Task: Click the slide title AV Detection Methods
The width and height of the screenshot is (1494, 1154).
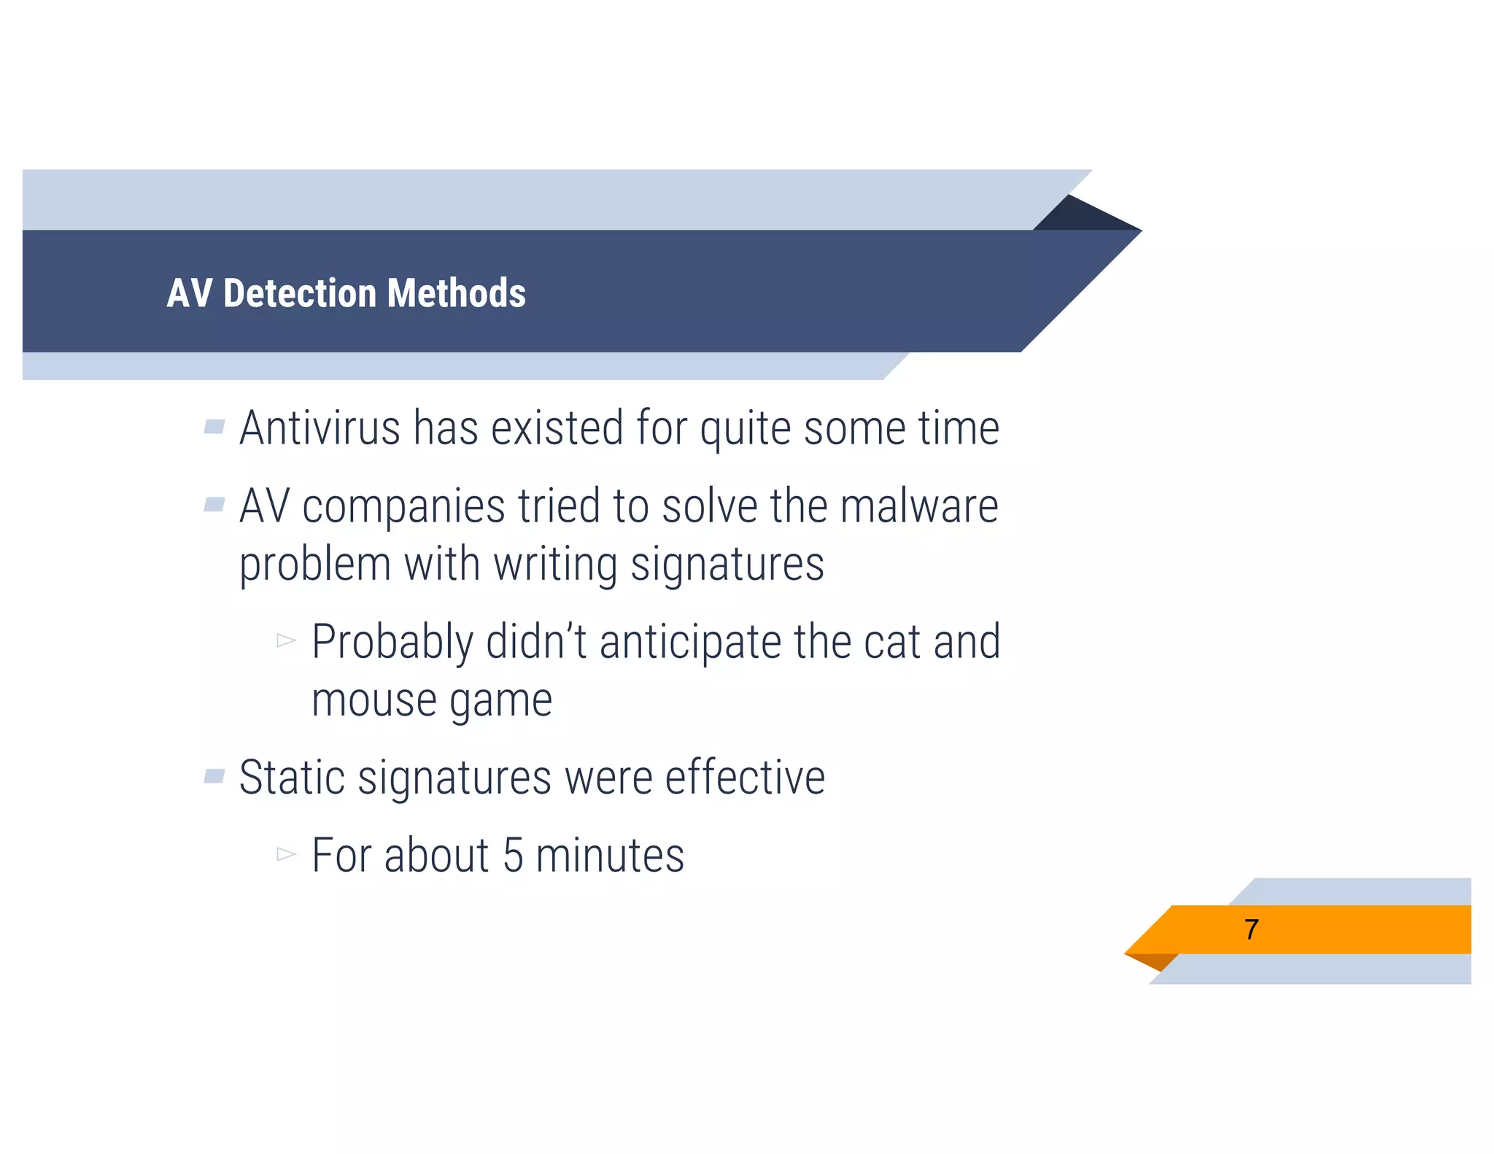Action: (x=346, y=293)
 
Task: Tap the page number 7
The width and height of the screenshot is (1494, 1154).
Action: (x=1251, y=929)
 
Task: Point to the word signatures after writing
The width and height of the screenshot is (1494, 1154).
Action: (x=727, y=565)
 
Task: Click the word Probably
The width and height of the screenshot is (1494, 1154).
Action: (x=392, y=642)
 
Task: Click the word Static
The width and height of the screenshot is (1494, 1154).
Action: (x=292, y=778)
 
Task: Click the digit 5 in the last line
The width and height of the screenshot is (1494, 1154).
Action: (x=513, y=856)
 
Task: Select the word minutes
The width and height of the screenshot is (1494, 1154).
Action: (x=610, y=856)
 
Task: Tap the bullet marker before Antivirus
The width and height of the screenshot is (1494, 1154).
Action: (x=214, y=426)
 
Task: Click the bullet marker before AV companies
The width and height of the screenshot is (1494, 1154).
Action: (x=214, y=504)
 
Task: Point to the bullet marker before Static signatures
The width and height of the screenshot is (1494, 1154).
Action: (x=214, y=775)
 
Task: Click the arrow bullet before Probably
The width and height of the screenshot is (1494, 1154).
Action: (x=286, y=640)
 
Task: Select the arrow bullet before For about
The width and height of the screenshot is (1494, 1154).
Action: (x=286, y=853)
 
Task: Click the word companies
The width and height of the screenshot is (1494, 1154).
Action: (x=403, y=506)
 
